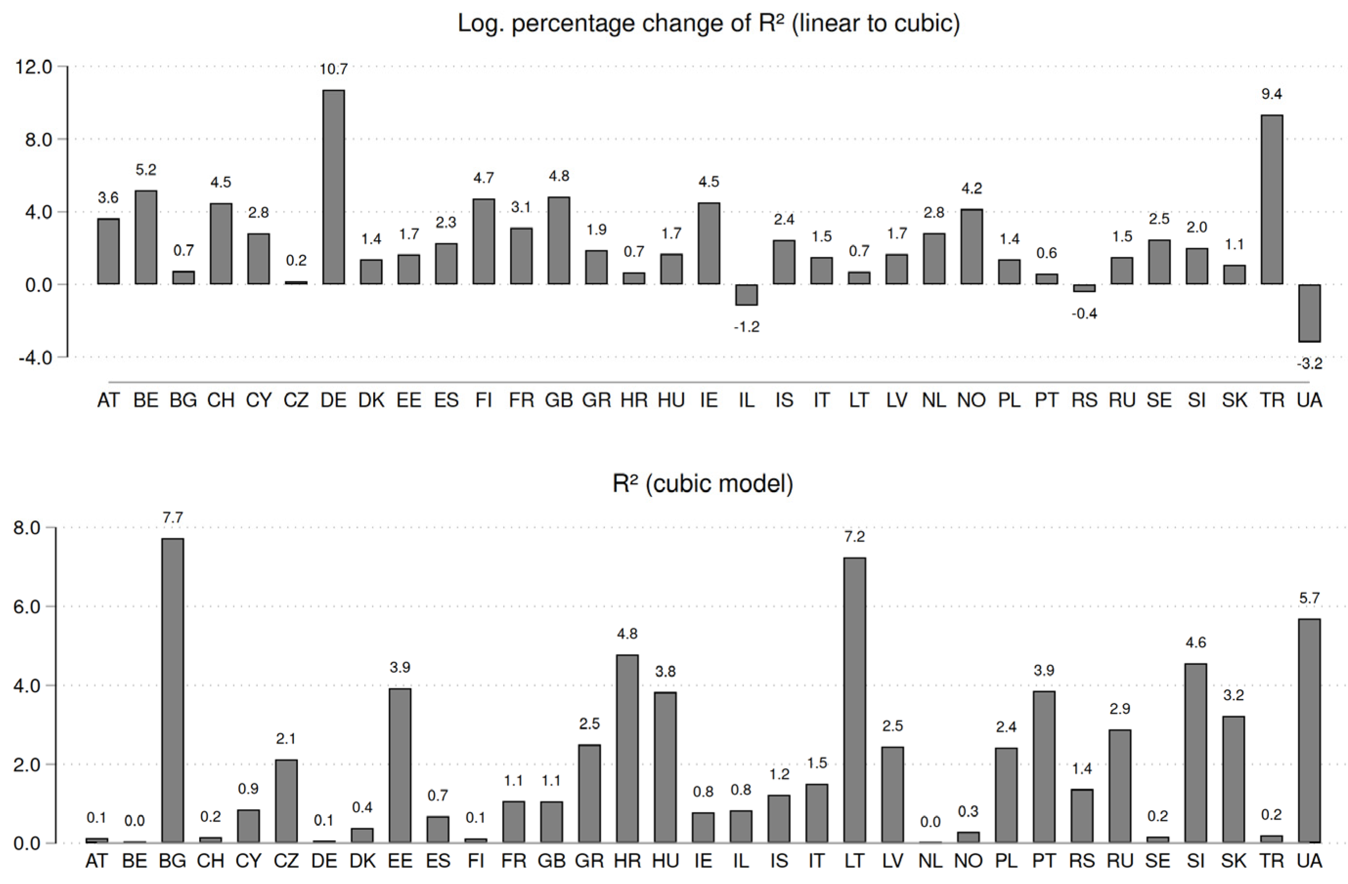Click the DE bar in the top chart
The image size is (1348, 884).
[x=333, y=187]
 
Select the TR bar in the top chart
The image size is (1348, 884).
[x=1271, y=200]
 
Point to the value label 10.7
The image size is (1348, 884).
[x=333, y=69]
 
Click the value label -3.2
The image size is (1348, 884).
[x=1309, y=364]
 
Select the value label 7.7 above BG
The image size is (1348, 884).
[x=172, y=518]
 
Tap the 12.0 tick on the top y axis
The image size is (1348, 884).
[x=33, y=67]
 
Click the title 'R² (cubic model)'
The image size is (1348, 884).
[x=702, y=483]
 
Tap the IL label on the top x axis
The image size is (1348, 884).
[x=746, y=401]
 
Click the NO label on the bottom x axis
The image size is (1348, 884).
[x=968, y=861]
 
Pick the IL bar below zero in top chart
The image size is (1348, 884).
[x=746, y=295]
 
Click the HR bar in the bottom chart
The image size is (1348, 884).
[x=627, y=748]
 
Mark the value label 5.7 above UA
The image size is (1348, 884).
[x=1309, y=598]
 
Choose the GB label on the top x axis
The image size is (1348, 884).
[x=559, y=401]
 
